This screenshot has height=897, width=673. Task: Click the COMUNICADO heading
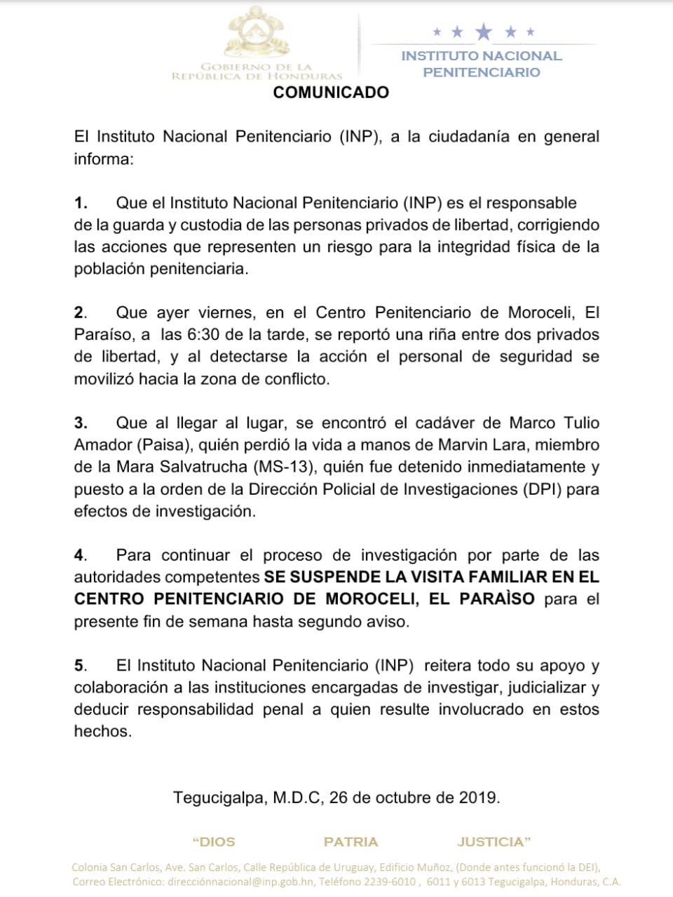[x=331, y=93]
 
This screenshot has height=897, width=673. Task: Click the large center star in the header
[x=484, y=32]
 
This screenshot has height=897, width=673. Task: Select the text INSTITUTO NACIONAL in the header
[x=482, y=56]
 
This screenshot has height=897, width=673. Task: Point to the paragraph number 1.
[x=81, y=203]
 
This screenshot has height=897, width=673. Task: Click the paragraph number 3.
[x=81, y=423]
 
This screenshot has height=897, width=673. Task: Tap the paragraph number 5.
[x=80, y=666]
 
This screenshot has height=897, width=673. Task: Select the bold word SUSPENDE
[x=329, y=577]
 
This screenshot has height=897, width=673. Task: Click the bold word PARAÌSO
[x=497, y=599]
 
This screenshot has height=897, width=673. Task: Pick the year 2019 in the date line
[x=478, y=797]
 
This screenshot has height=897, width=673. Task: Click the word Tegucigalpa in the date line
[x=219, y=797]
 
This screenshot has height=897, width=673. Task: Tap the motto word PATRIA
[x=351, y=842]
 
